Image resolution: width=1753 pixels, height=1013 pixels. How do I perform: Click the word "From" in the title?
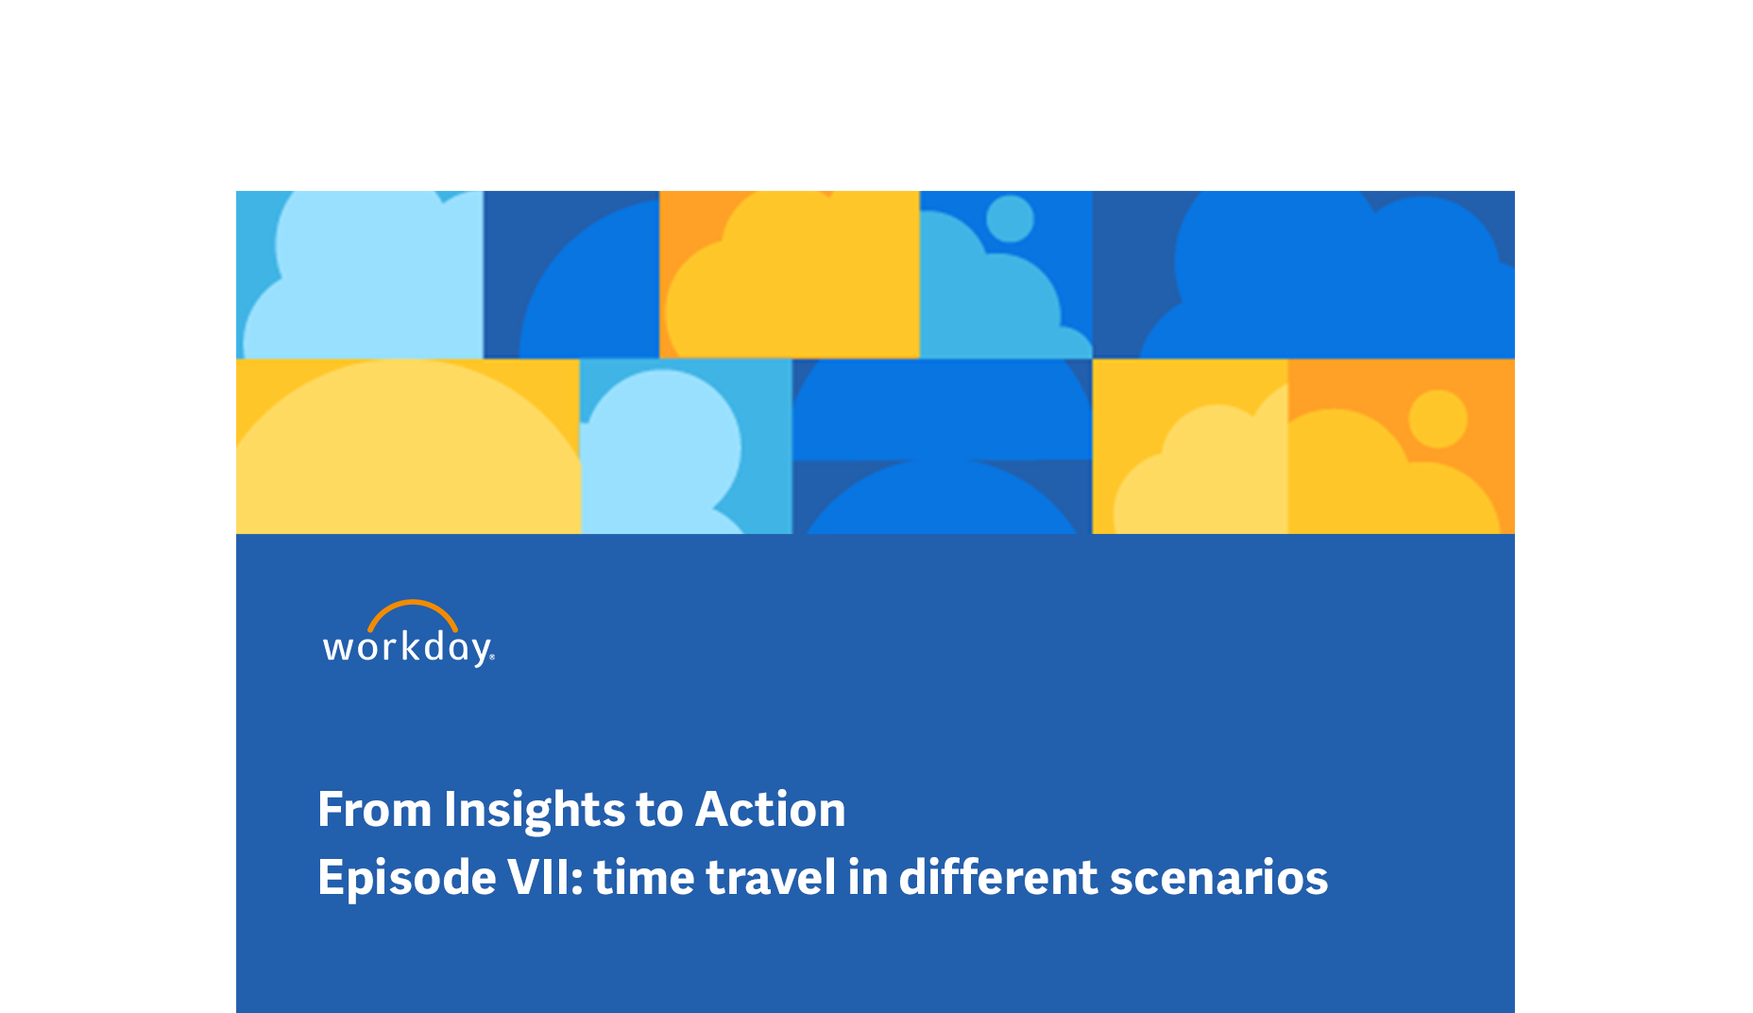(375, 810)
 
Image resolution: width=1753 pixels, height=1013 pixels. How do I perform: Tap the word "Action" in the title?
(770, 810)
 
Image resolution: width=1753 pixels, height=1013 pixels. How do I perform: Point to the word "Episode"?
(407, 878)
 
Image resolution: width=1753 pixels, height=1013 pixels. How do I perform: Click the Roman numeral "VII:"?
(546, 878)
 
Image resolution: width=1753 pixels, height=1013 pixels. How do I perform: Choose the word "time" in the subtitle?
(644, 878)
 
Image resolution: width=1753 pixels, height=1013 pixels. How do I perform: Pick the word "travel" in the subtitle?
(771, 878)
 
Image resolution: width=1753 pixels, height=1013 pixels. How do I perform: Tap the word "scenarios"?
(1219, 879)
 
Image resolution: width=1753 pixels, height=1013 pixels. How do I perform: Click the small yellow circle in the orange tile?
(1438, 419)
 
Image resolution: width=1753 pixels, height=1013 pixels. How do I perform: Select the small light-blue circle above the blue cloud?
(1010, 218)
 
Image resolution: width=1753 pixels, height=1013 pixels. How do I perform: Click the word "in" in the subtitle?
(867, 877)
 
